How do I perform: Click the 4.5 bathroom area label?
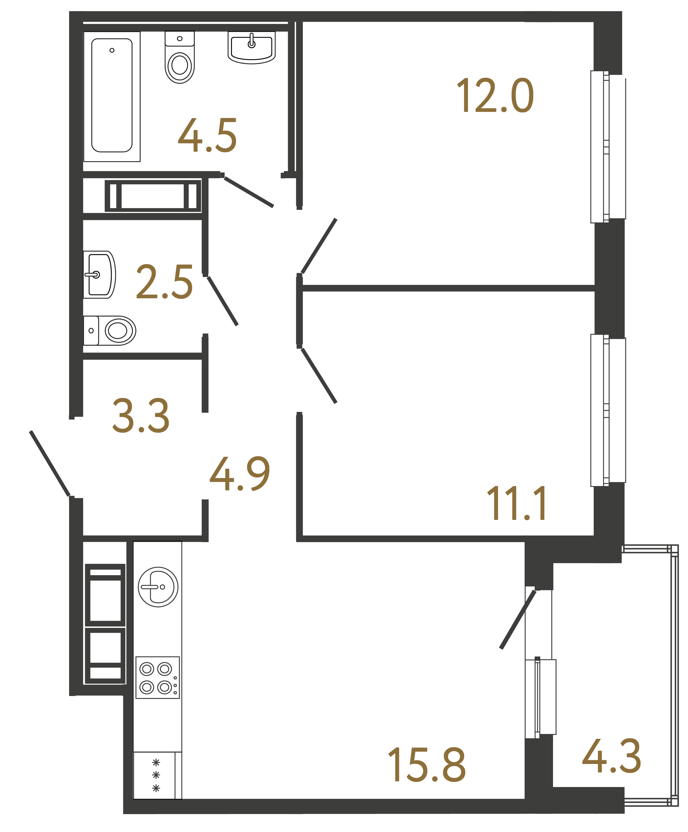[207, 136]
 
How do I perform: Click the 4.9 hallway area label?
[240, 474]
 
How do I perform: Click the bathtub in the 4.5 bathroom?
[112, 96]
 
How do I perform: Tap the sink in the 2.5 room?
[99, 274]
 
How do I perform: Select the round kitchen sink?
[158, 587]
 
